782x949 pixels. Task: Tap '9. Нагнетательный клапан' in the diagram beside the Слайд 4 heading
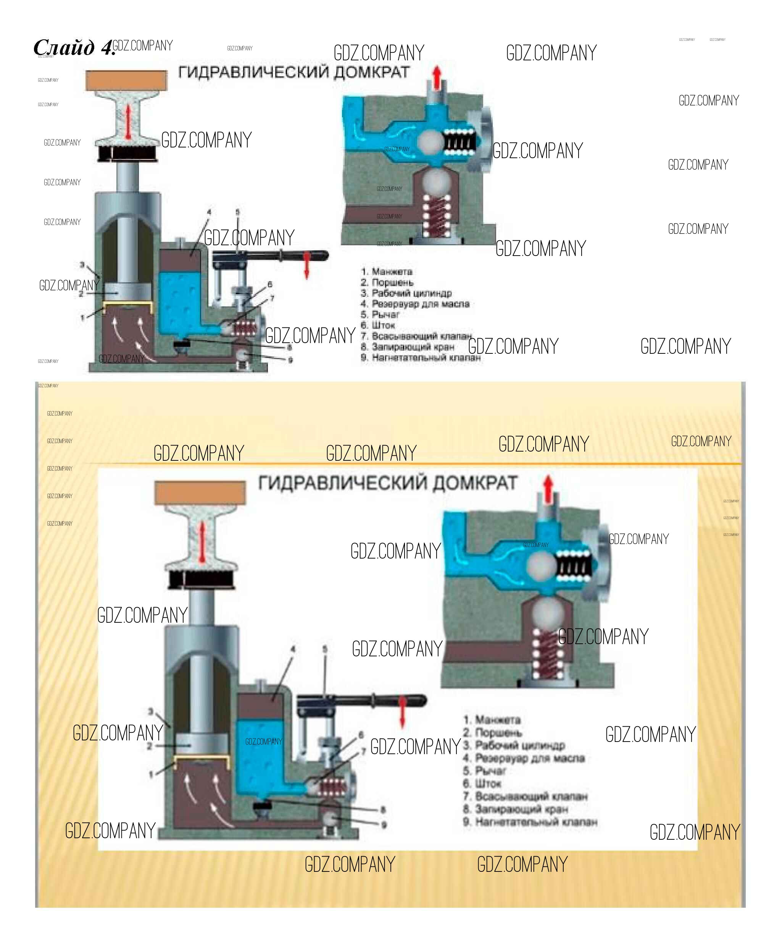(420, 358)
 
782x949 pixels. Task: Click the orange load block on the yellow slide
(200, 492)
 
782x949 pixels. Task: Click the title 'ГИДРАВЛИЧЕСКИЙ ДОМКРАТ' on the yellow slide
(387, 483)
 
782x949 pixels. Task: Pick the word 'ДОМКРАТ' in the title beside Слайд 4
(371, 72)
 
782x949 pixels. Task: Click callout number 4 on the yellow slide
(293, 649)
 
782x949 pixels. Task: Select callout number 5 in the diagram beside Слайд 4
(237, 212)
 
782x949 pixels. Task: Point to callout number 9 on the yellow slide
(384, 824)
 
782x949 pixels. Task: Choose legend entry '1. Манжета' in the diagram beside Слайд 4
(387, 271)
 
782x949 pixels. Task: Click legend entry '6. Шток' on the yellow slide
(482, 784)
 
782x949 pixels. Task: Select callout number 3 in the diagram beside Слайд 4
(82, 265)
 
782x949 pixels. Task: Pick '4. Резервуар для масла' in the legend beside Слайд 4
(415, 304)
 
